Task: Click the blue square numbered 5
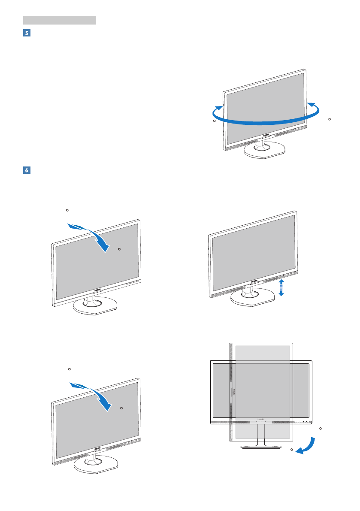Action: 26,33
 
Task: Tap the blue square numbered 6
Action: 26,170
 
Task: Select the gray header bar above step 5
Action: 59,20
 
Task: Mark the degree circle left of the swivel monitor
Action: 215,121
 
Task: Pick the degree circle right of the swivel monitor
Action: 329,119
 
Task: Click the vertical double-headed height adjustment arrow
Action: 281,287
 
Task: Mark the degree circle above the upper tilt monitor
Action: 67,210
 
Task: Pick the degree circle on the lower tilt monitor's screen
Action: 121,408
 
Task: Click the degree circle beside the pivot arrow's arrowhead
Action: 292,449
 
